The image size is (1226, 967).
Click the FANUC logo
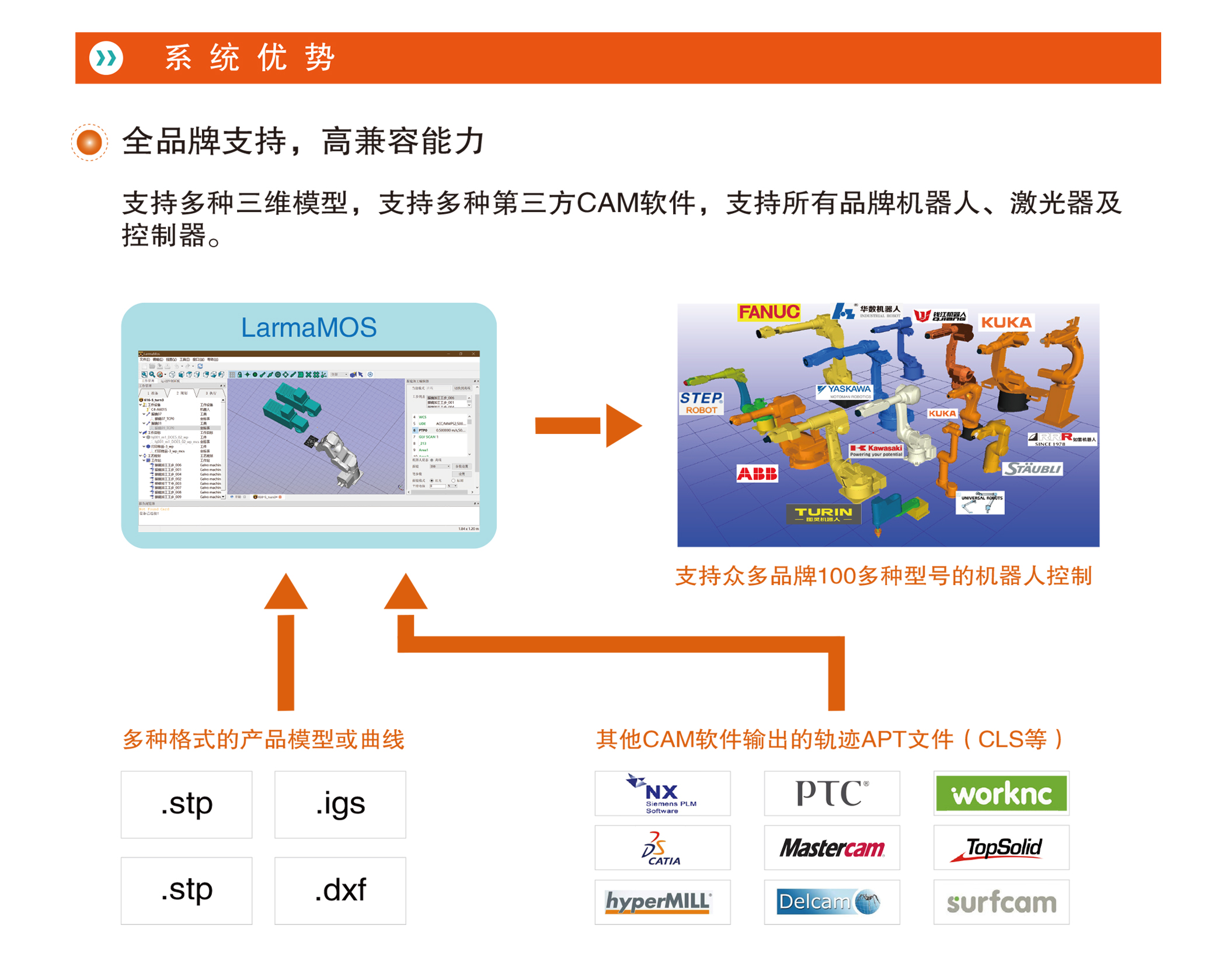(768, 312)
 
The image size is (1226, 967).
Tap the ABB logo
(757, 473)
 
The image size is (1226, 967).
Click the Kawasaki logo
(876, 450)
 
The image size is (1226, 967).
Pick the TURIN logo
(823, 514)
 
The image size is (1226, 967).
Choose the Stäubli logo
(1032, 469)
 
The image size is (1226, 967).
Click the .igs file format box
(340, 804)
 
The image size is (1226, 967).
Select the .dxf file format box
(340, 890)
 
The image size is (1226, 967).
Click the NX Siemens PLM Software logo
(662, 793)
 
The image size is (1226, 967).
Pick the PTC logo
(831, 793)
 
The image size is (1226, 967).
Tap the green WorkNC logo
(1001, 793)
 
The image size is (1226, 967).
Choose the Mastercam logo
(831, 847)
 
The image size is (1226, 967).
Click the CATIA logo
(662, 847)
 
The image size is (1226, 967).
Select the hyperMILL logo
(659, 902)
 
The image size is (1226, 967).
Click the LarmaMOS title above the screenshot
(309, 328)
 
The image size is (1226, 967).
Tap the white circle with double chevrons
(106, 58)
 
